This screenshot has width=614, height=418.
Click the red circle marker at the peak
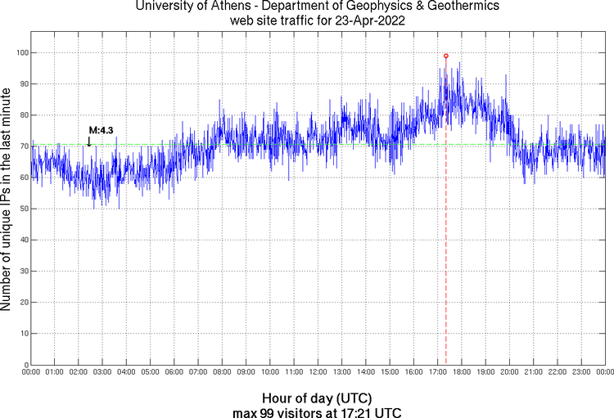point(445,56)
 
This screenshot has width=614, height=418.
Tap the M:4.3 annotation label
point(101,130)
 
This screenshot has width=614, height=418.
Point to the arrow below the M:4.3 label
point(89,142)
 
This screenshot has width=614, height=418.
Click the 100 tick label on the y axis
point(20,52)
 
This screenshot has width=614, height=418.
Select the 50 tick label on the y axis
point(22,209)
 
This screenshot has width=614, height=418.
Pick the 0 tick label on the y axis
point(25,365)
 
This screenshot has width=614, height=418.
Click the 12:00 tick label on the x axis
point(318,373)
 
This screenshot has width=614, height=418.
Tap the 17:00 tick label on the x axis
point(437,373)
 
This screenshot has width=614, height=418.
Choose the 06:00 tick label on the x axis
point(174,373)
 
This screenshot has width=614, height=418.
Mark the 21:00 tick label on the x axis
point(533,373)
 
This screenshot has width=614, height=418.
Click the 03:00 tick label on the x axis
point(102,373)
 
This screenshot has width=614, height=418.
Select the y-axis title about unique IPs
point(7,200)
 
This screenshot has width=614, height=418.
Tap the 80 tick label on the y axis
point(22,115)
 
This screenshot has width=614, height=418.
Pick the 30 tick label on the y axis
point(22,271)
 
